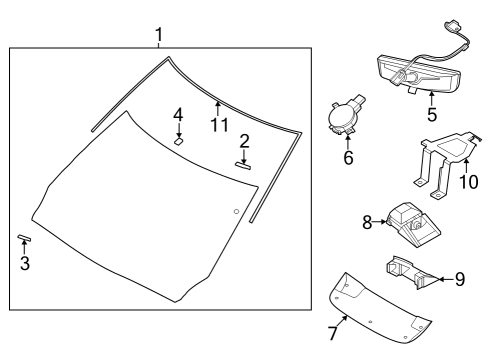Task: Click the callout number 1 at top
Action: click(158, 36)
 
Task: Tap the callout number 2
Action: click(243, 141)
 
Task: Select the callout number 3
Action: click(24, 264)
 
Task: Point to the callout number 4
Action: click(177, 115)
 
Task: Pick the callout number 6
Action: click(348, 157)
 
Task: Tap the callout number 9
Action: click(459, 279)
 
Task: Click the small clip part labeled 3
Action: click(24, 240)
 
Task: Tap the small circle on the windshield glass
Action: click(236, 211)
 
